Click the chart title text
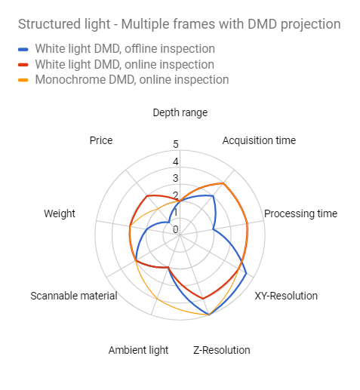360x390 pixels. pyautogui.click(x=180, y=24)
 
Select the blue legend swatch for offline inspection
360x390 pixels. pyautogui.click(x=23, y=50)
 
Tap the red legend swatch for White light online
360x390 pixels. pyautogui.click(x=23, y=65)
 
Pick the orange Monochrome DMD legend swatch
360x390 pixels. pyautogui.click(x=23, y=80)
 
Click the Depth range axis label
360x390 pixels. pyautogui.click(x=180, y=112)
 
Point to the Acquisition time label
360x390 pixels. pyautogui.click(x=259, y=140)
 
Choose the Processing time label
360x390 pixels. pyautogui.click(x=300, y=213)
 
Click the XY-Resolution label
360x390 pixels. pyautogui.click(x=286, y=296)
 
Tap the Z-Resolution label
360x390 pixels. pyautogui.click(x=222, y=350)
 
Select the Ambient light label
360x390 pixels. pyautogui.click(x=138, y=350)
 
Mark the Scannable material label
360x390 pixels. pyautogui.click(x=74, y=296)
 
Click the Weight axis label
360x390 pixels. pyautogui.click(x=60, y=213)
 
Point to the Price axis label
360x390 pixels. pyautogui.click(x=101, y=140)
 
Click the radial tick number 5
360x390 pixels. pyautogui.click(x=176, y=144)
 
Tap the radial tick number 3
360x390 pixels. pyautogui.click(x=176, y=178)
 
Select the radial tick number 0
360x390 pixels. pyautogui.click(x=176, y=229)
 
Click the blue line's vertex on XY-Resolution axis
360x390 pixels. pyautogui.click(x=247, y=273)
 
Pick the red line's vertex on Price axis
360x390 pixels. pyautogui.click(x=147, y=196)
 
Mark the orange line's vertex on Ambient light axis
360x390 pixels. pyautogui.click(x=156, y=299)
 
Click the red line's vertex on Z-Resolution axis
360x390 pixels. pyautogui.click(x=203, y=299)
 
